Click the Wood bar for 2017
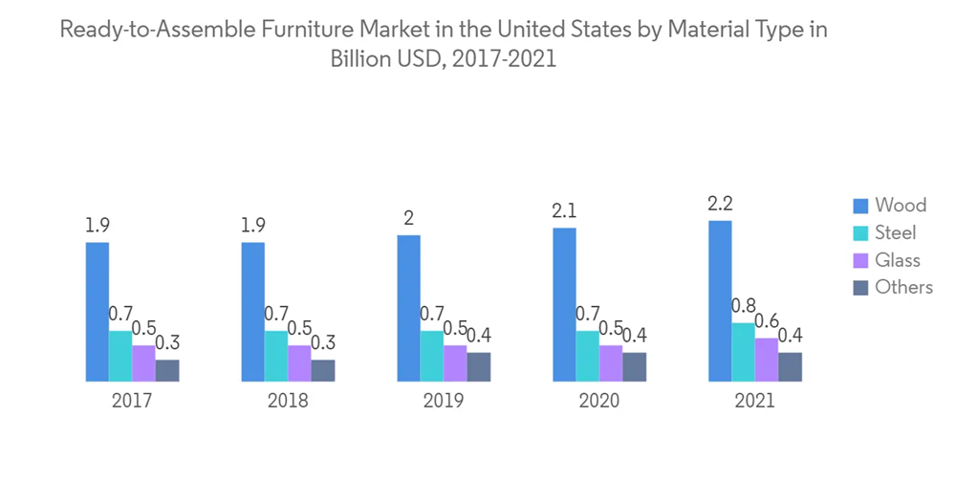point(97,312)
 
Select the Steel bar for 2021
point(744,352)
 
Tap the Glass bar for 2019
point(455,363)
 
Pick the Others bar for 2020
point(634,367)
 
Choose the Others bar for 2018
point(323,371)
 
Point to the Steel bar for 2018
point(276,356)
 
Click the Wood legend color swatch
point(859,205)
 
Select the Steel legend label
point(896,232)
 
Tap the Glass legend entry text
point(898,260)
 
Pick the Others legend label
point(903,287)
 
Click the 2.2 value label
point(720,204)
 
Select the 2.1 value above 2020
point(564,210)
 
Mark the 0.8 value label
point(743,306)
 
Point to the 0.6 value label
point(768,321)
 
